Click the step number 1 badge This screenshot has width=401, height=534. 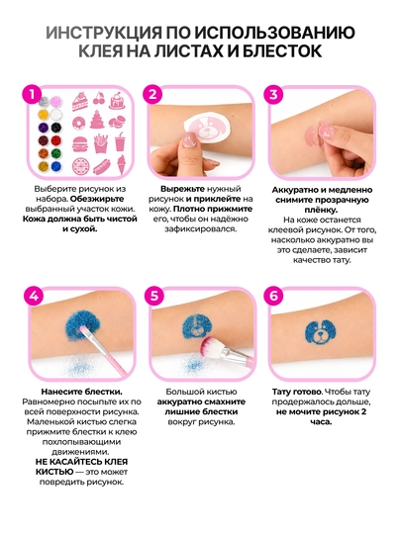[32, 94]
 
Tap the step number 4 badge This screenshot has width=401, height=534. [34, 296]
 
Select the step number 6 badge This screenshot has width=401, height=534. [273, 296]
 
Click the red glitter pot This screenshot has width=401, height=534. [55, 140]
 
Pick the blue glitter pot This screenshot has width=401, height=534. [55, 166]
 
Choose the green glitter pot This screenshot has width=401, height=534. [55, 153]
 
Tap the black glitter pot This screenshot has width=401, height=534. [55, 128]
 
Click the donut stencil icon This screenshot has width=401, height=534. [79, 123]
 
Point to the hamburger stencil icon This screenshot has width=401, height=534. [78, 144]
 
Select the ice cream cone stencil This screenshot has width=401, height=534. [121, 164]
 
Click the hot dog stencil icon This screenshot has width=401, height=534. [100, 167]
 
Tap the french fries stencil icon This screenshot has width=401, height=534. [100, 143]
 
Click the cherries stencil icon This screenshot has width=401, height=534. [100, 99]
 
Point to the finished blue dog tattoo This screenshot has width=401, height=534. [321, 332]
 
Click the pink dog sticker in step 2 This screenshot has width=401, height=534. [204, 129]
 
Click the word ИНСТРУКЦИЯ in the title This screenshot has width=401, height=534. [104, 33]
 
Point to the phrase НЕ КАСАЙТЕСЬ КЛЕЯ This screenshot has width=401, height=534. [81, 462]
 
